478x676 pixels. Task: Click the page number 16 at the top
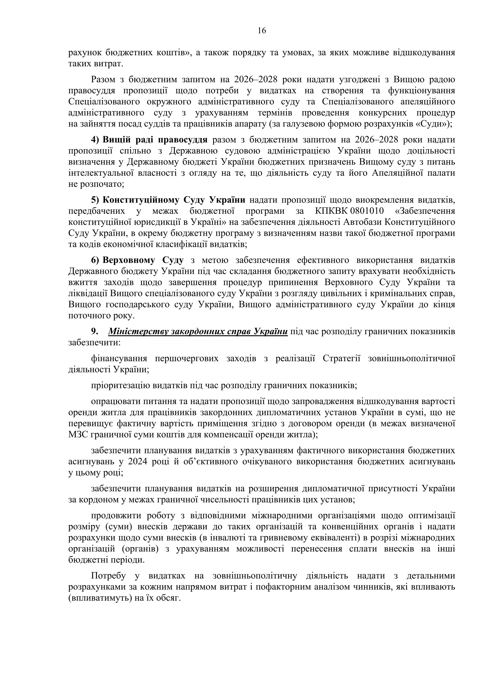(262, 31)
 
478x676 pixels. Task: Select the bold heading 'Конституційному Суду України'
(174, 200)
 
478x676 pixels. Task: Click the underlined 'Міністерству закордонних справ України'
(198, 331)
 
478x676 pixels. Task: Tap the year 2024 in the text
(138, 462)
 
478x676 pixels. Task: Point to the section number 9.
(94, 331)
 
